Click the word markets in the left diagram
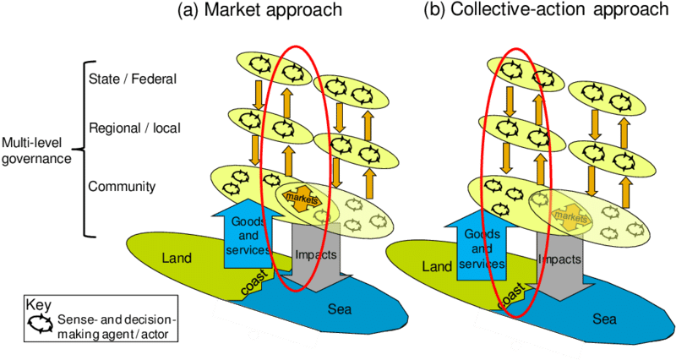click(x=297, y=197)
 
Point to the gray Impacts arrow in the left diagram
click(x=316, y=254)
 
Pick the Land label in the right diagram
click(x=438, y=267)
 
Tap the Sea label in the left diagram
click(x=339, y=309)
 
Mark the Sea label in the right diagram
click(x=604, y=319)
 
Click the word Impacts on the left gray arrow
click(x=316, y=253)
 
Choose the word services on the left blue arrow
click(x=247, y=250)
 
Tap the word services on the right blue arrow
click(x=482, y=264)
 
